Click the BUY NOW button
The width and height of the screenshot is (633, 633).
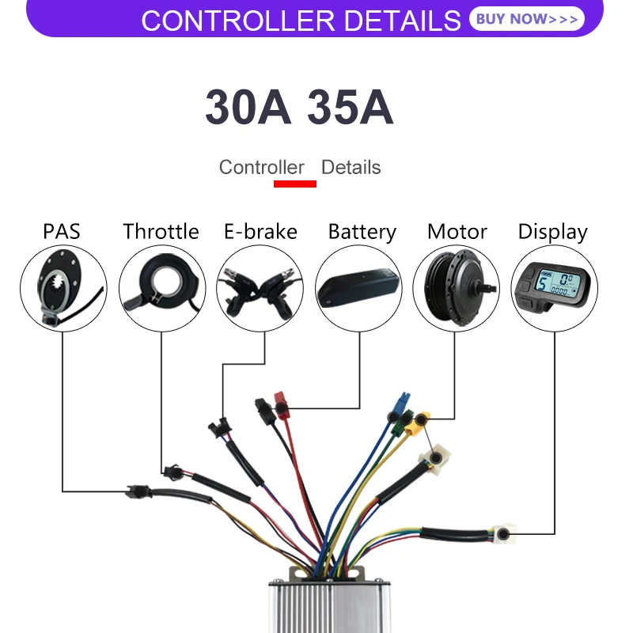tap(527, 19)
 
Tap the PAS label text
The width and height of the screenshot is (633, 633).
tap(62, 232)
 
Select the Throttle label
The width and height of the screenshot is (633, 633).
tap(161, 232)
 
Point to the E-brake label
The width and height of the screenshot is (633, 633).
tap(260, 232)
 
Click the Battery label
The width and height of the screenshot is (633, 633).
tap(362, 232)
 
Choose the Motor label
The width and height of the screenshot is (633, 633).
tap(457, 232)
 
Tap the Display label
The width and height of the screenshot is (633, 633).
tap(553, 232)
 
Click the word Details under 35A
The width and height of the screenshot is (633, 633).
tap(351, 168)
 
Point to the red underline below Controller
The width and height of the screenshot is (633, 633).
tap(294, 184)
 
